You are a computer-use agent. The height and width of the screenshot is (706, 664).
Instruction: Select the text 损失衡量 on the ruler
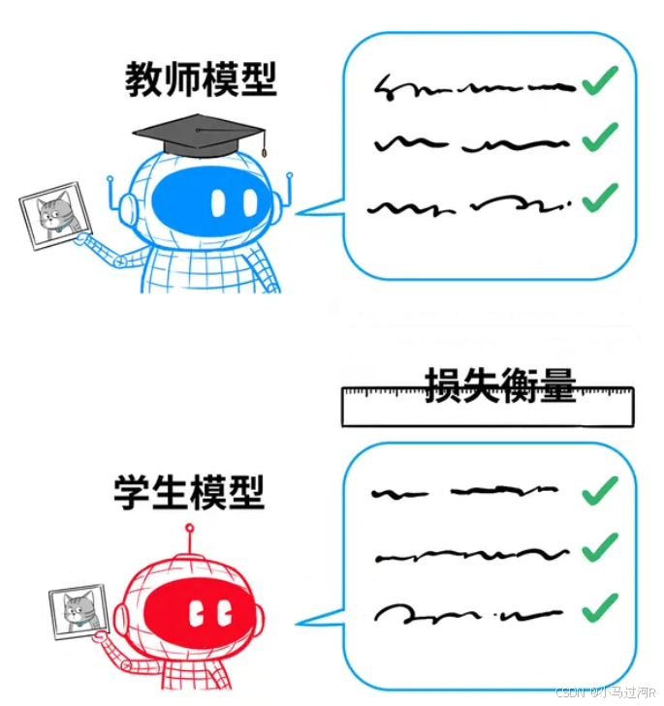(500, 386)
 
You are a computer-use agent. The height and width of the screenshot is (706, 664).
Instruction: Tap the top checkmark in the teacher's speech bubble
(600, 83)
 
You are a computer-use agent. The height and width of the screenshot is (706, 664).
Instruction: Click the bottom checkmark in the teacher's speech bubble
(600, 198)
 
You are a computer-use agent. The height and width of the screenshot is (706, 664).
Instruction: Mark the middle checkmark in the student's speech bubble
(600, 549)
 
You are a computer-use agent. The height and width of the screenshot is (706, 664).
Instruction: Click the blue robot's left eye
(219, 201)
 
